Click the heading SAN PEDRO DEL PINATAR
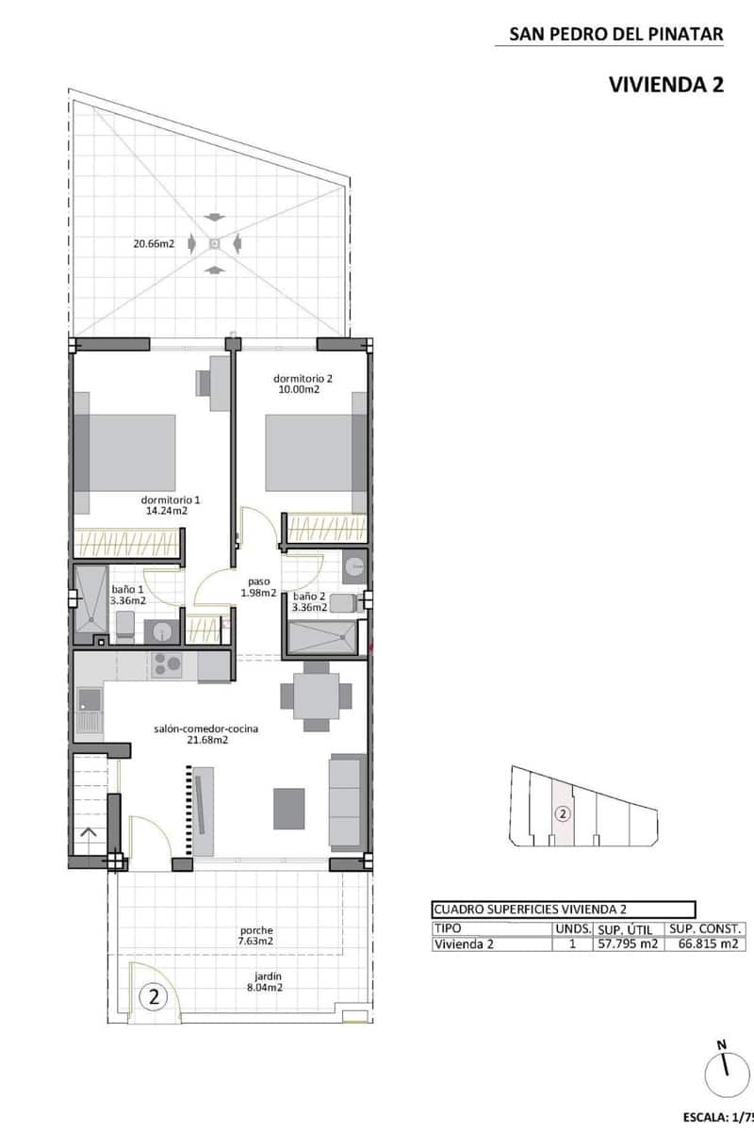(x=616, y=35)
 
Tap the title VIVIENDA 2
(x=666, y=85)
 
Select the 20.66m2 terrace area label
(x=154, y=244)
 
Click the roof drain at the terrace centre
(x=215, y=244)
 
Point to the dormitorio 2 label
(x=303, y=384)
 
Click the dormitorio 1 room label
(x=171, y=505)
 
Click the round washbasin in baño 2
(x=353, y=566)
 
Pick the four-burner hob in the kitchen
(x=167, y=664)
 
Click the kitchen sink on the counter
(x=90, y=699)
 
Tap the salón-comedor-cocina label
(x=206, y=734)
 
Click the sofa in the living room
(x=346, y=800)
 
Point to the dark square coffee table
(x=289, y=808)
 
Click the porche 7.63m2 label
(x=255, y=935)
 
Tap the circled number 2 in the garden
(x=153, y=994)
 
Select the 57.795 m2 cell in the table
(x=626, y=945)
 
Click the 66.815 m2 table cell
(x=702, y=945)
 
